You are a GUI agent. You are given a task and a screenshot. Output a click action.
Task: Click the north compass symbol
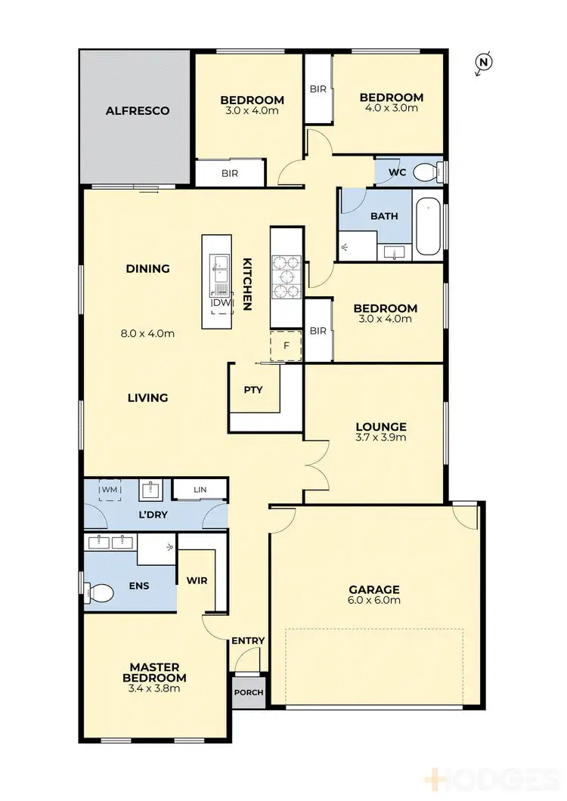coord(483,63)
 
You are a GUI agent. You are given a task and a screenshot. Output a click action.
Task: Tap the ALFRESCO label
coord(137,110)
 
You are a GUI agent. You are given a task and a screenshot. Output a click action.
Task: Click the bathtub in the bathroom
coord(427,225)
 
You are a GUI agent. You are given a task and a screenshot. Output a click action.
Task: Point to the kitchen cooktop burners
coord(287,277)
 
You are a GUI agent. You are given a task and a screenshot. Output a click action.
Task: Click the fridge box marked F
coord(287,345)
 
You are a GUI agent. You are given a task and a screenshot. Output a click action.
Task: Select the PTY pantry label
coord(253,390)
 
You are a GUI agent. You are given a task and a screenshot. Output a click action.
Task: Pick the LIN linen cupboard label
coord(200,490)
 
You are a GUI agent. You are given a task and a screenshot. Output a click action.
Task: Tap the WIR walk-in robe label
coord(197,580)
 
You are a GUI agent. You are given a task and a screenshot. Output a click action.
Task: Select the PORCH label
coord(249,693)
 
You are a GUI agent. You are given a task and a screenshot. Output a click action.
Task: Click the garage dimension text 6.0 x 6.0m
coord(373,601)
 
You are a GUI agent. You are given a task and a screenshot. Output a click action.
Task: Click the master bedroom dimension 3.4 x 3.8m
coord(154,688)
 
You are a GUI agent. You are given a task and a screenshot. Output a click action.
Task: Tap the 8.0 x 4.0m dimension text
coord(147,333)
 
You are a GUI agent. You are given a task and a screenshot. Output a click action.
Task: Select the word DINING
coord(147,268)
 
